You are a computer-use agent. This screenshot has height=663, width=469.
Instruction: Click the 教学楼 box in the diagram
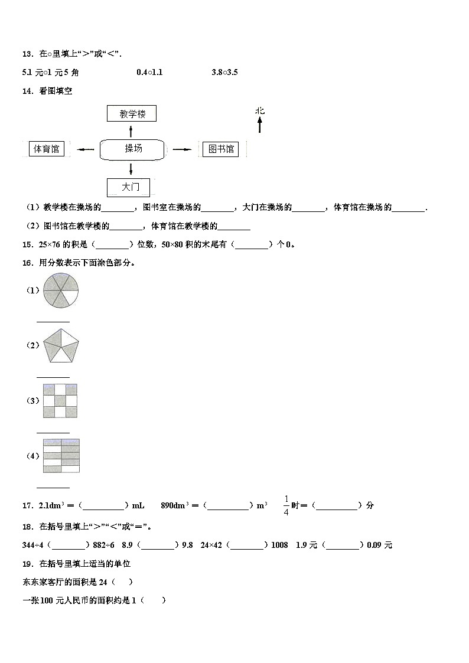tap(132, 113)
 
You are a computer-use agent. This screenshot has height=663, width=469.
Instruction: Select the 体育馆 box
tap(47, 149)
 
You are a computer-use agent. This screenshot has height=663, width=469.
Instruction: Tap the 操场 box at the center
tap(132, 149)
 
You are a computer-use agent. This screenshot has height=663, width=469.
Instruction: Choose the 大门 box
tap(129, 187)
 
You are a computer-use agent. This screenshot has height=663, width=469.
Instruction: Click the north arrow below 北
tap(259, 124)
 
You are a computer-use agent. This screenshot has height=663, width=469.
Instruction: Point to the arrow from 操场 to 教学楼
tap(131, 131)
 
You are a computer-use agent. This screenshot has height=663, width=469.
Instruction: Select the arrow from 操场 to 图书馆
tap(181, 150)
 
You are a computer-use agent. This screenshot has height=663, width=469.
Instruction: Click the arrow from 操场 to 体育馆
tap(86, 150)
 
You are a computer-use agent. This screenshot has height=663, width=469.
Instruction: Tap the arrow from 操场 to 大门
tap(131, 169)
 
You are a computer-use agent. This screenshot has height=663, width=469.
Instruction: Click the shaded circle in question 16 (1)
tap(60, 290)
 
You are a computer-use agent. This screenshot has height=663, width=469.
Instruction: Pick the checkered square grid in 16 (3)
tap(60, 400)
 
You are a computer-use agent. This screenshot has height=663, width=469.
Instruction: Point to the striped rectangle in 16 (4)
tap(61, 456)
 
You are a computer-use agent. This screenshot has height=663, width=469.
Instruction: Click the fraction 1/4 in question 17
tap(286, 505)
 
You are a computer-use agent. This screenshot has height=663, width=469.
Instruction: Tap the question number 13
tap(27, 54)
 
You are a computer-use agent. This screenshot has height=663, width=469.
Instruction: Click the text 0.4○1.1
tap(149, 72)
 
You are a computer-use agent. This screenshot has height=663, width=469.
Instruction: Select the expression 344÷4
tap(33, 545)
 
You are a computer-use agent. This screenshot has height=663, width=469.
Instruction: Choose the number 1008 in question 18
tap(279, 545)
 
